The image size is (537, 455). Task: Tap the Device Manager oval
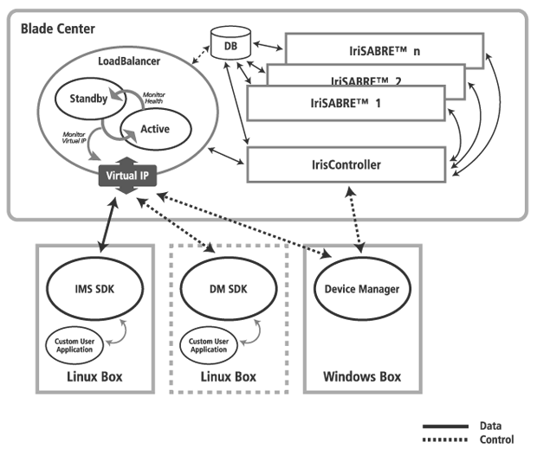pyautogui.click(x=363, y=289)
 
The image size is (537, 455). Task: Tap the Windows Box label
pyautogui.click(x=361, y=377)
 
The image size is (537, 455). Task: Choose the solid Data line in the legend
pyautogui.click(x=444, y=427)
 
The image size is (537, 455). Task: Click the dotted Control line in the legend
pyautogui.click(x=444, y=440)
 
